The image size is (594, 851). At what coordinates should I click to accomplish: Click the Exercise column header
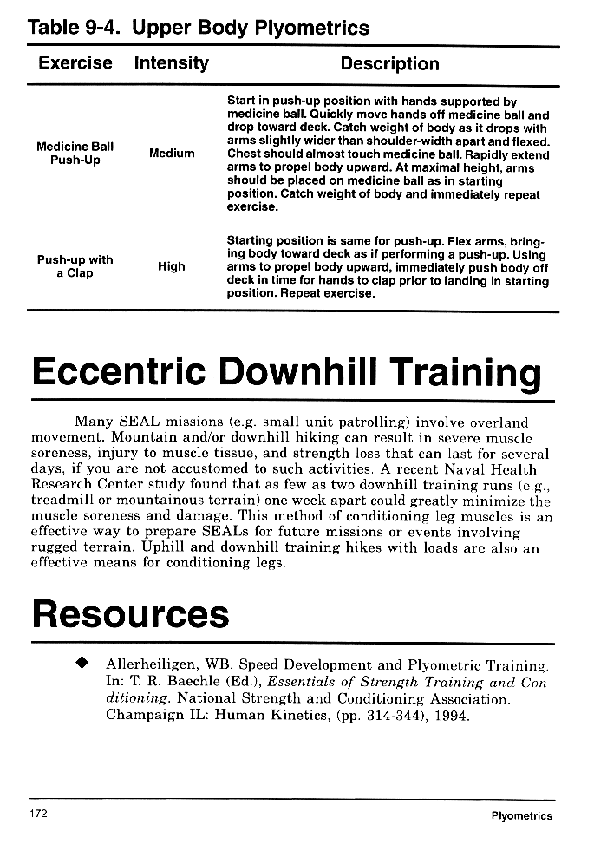click(x=75, y=63)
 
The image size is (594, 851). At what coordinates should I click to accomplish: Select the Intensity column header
click(x=171, y=63)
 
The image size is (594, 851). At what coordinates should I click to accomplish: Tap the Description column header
click(x=389, y=63)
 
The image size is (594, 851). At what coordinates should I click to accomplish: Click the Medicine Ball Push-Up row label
click(x=75, y=154)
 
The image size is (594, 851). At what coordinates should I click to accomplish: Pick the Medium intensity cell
click(x=172, y=154)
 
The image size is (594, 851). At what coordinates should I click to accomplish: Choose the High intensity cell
click(x=172, y=266)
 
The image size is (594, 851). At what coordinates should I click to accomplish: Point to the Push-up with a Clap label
click(x=75, y=266)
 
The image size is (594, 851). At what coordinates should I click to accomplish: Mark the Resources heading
click(x=130, y=613)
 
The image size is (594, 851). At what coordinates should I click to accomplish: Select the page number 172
click(x=37, y=814)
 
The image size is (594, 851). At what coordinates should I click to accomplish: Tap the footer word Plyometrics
click(x=521, y=815)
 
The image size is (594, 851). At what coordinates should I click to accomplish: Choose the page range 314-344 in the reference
click(x=404, y=716)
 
